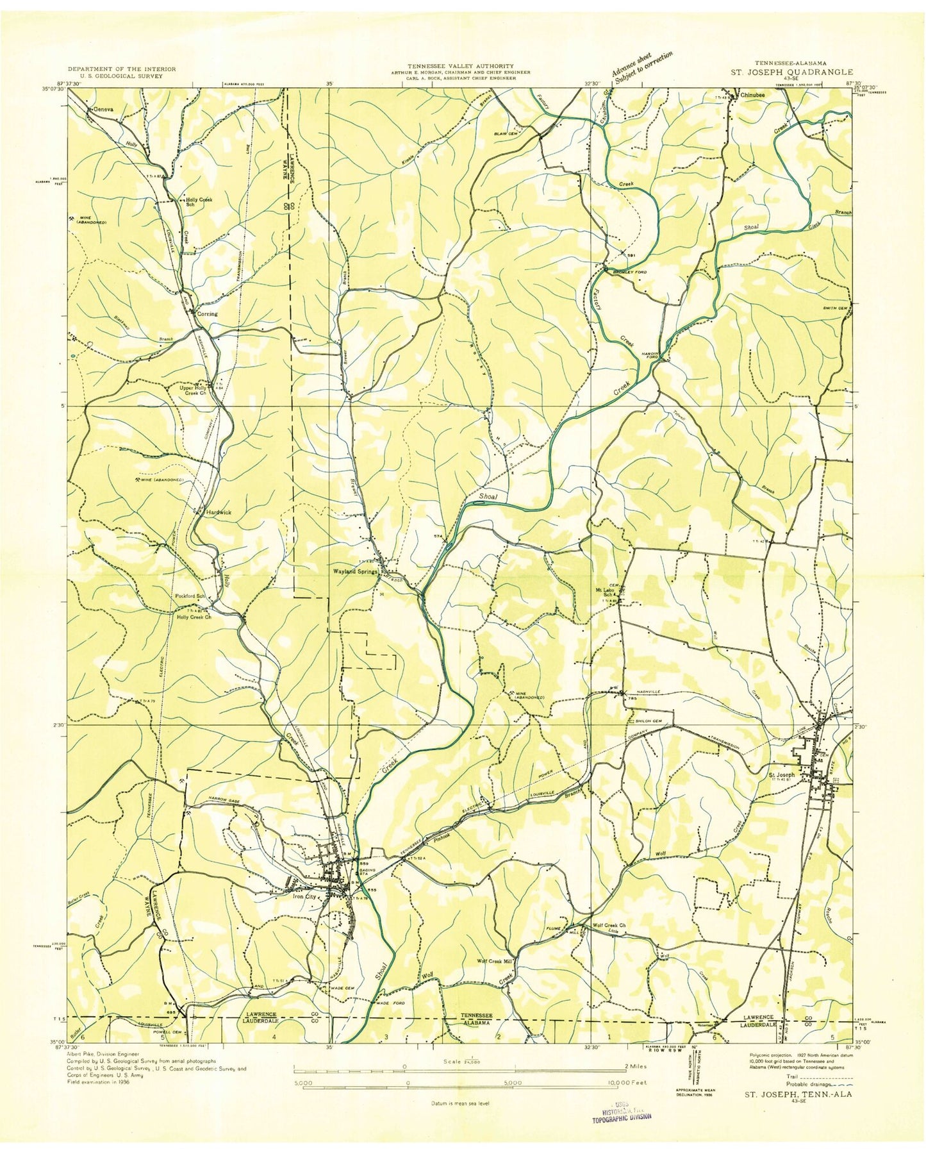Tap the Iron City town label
(305, 897)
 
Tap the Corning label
(207, 314)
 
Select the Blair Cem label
(522, 133)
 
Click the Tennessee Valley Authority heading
(462, 66)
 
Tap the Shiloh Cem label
(648, 721)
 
